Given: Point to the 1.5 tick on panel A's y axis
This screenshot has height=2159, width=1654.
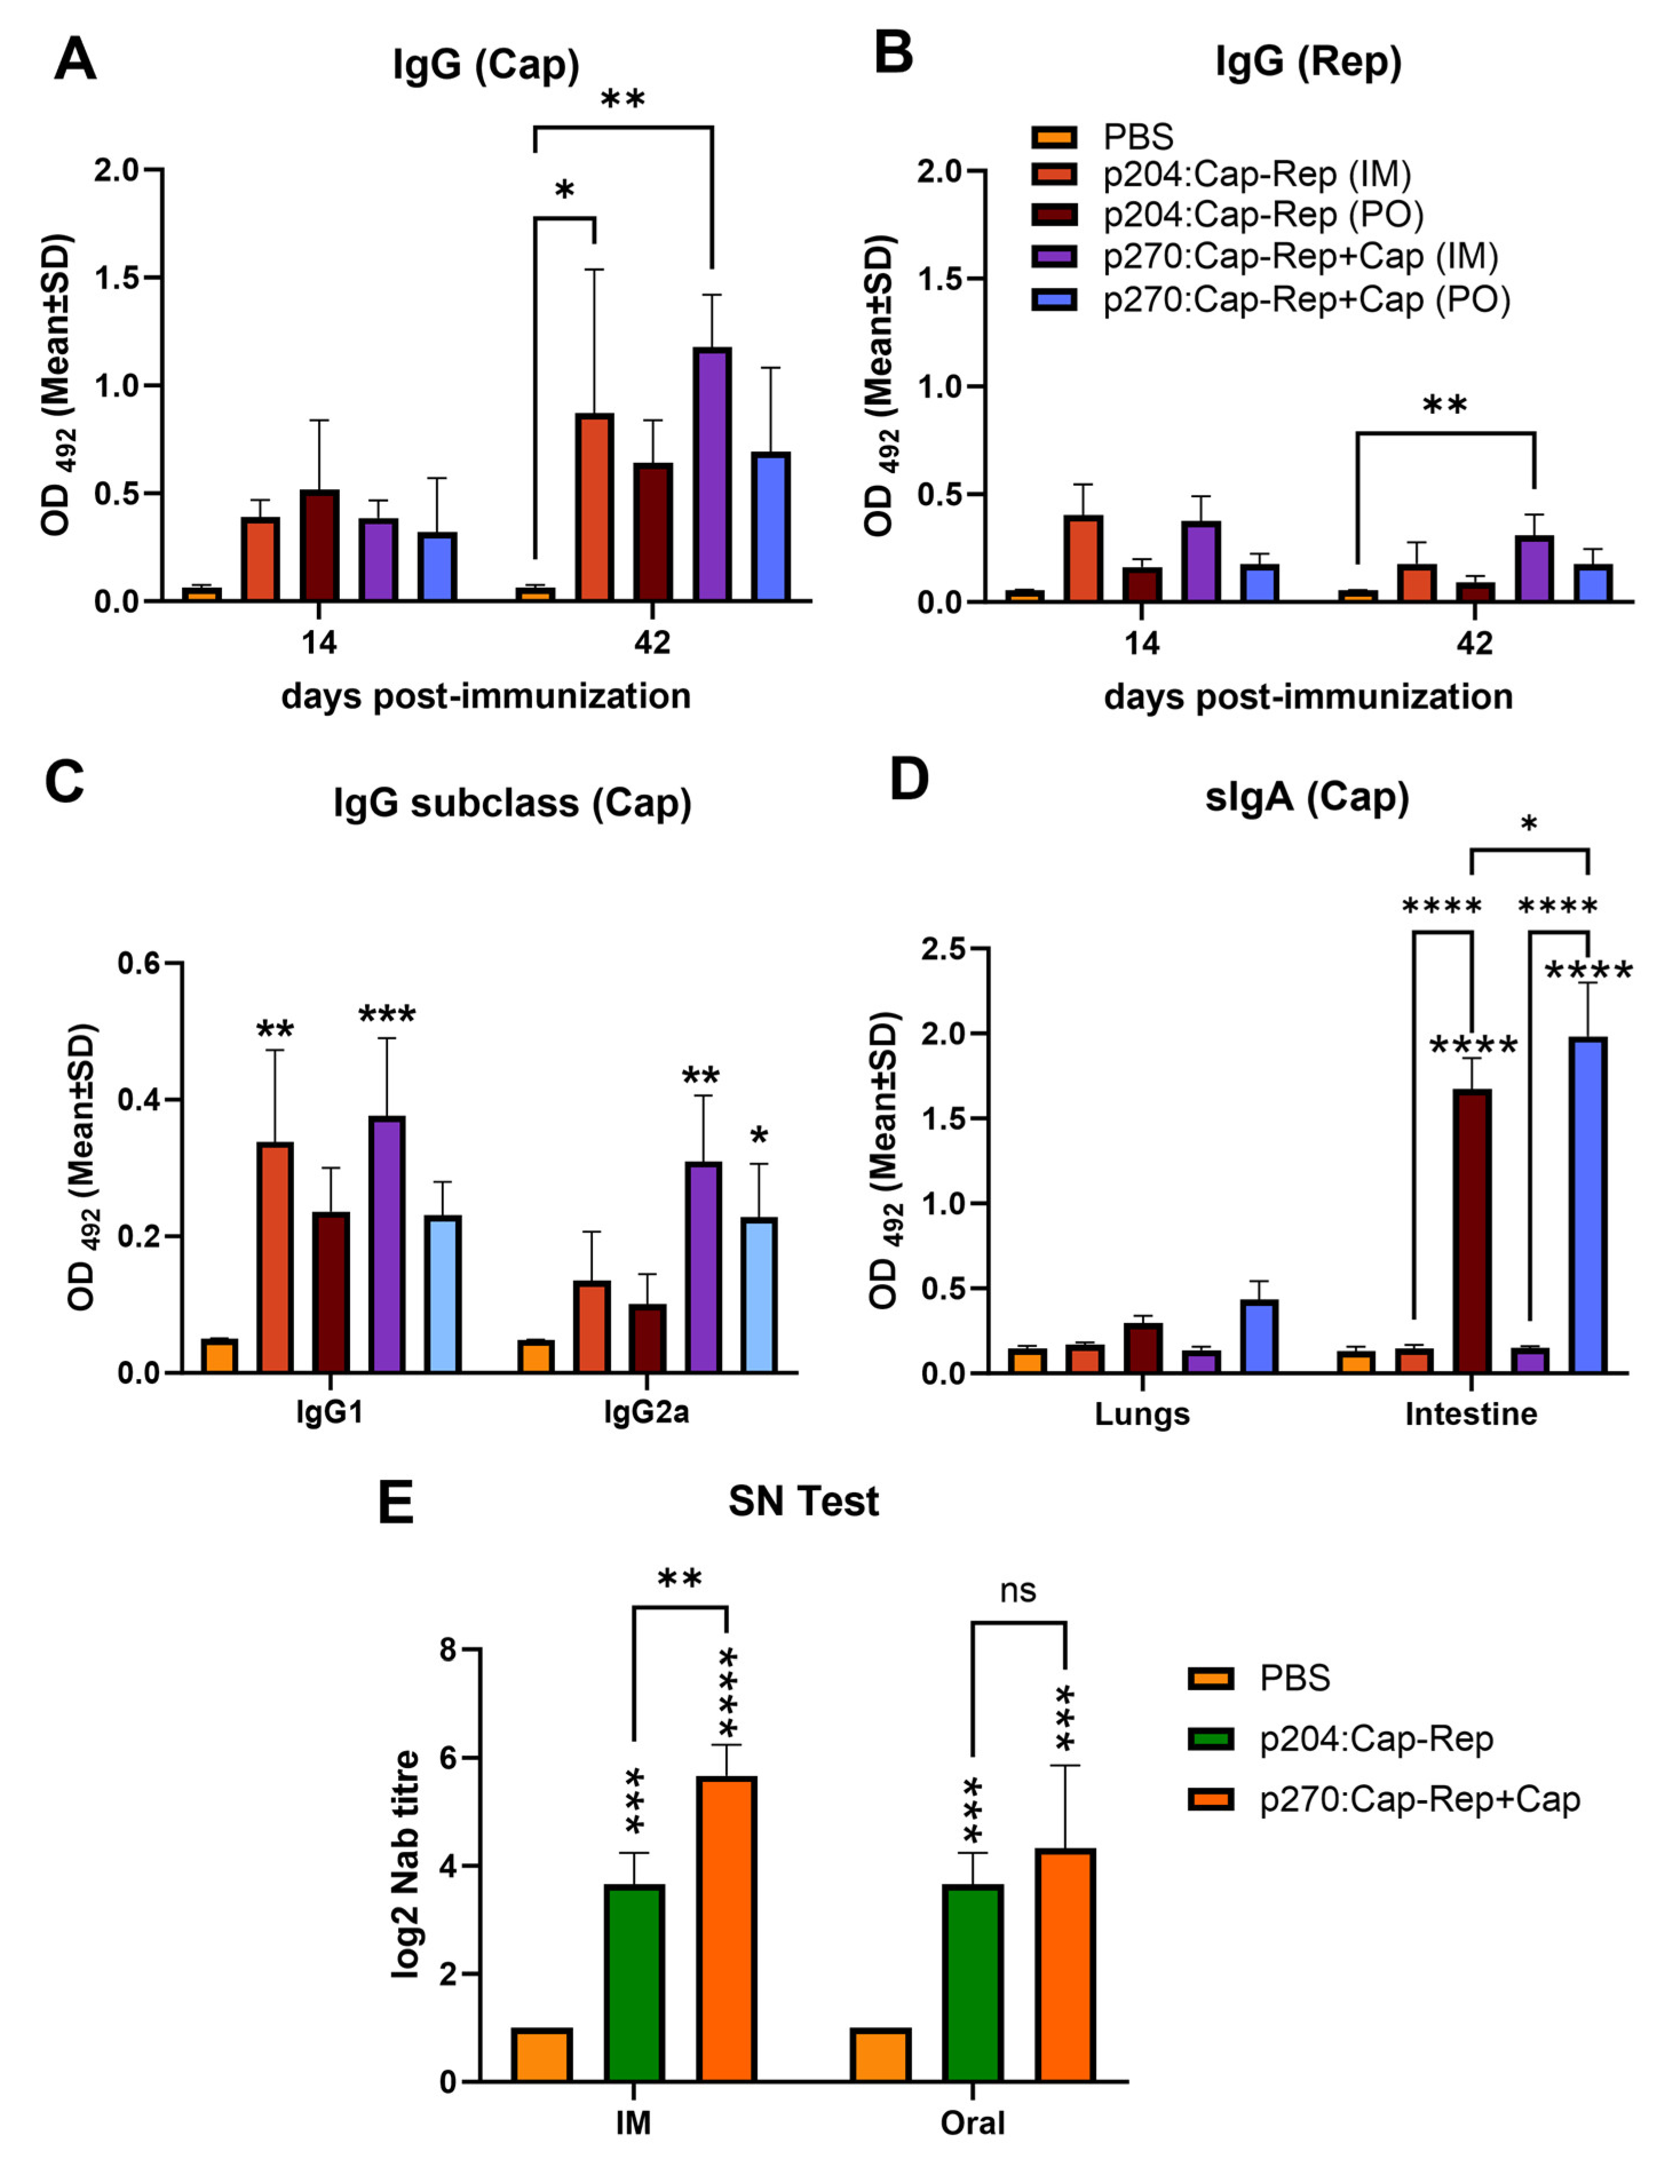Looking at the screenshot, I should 118,278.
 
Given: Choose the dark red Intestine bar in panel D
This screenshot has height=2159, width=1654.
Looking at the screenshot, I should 1472,1231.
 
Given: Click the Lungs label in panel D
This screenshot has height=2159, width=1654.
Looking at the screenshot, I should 1142,1414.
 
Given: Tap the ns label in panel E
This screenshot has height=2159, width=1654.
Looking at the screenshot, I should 1017,1590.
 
